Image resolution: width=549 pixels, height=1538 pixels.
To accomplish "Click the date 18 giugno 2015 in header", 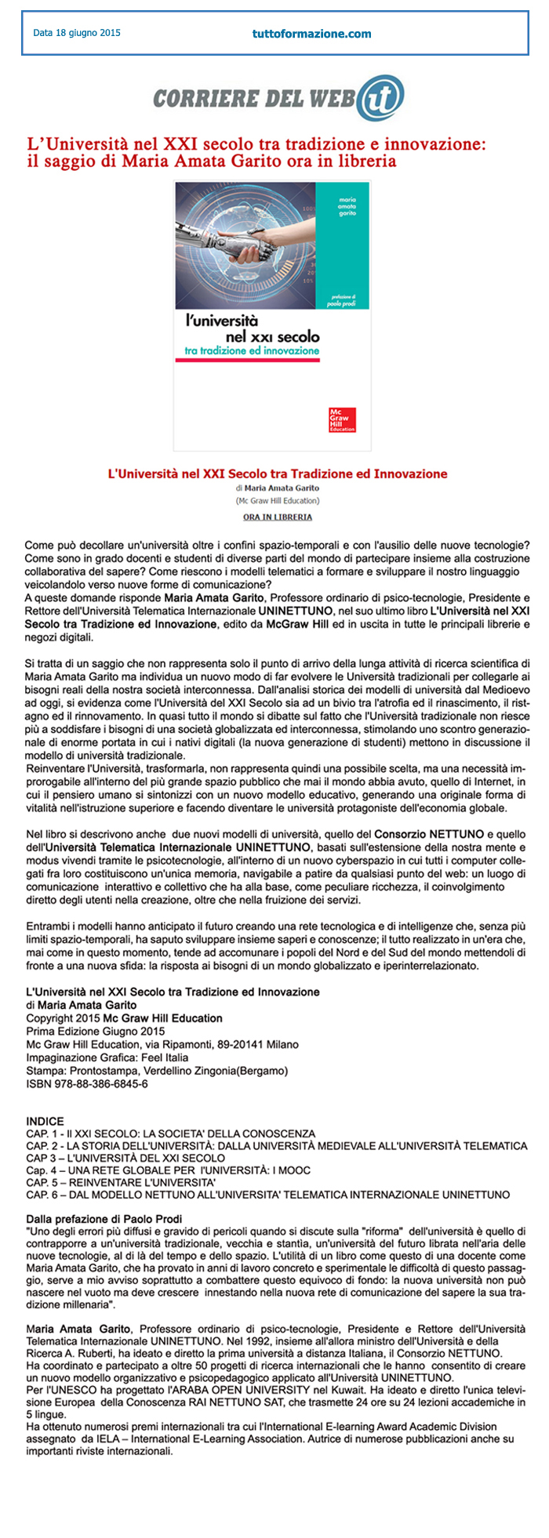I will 77,33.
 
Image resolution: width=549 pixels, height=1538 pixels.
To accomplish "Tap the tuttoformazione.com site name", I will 311,34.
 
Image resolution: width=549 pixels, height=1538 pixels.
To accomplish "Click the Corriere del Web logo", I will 278,97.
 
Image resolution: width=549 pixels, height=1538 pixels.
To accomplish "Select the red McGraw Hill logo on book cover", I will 342,419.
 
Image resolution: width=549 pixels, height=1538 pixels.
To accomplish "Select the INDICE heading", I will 45,1121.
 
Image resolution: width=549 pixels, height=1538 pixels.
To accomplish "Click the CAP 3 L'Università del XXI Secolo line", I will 125,1158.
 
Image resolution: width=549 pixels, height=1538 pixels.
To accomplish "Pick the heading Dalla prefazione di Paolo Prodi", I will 104,1218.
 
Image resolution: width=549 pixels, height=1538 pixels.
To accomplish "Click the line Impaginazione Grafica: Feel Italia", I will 107,1057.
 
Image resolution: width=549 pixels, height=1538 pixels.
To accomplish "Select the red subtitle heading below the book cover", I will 277,473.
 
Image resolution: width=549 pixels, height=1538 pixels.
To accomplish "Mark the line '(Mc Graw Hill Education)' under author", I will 277,500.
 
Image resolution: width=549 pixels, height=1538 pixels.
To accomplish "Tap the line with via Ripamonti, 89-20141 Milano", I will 162,1044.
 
